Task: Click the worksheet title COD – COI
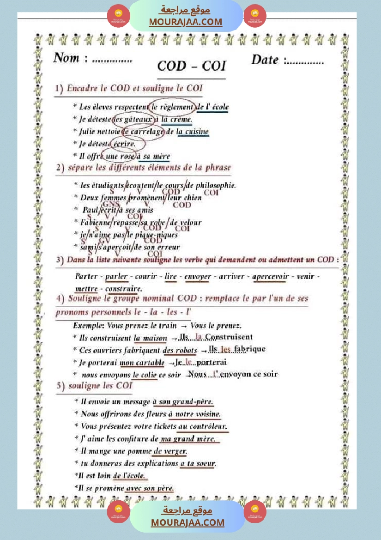[x=191, y=66]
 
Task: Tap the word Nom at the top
[x=66, y=58]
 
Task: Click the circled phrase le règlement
[x=172, y=107]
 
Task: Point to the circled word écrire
[x=125, y=144]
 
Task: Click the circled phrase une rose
[x=118, y=157]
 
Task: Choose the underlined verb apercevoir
[x=270, y=277]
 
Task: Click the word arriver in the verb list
[x=231, y=277]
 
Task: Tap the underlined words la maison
[x=150, y=338]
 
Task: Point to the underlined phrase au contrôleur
[x=202, y=426]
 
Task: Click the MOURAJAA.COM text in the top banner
[x=185, y=22]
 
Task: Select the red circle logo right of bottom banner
[x=255, y=511]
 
